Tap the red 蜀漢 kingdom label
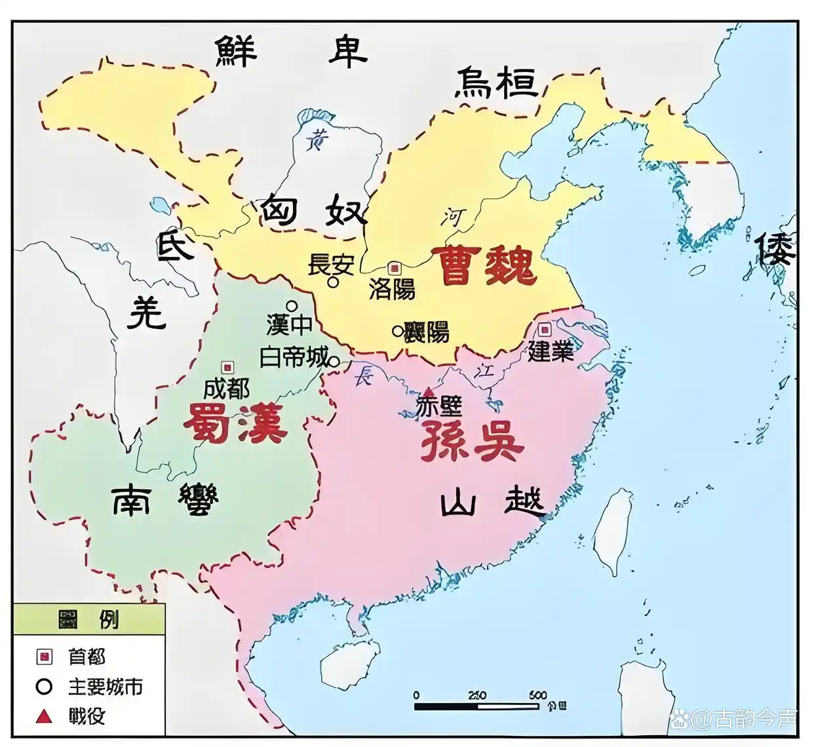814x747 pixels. pos(235,423)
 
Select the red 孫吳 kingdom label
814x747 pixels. pos(471,441)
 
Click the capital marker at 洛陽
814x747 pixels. pos(394,267)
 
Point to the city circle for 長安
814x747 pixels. pos(334,282)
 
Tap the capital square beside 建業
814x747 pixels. pos(544,329)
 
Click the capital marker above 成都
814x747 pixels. pos(227,367)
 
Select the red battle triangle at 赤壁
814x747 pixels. pos(429,391)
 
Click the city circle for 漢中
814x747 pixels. pos(291,305)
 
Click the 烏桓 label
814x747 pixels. pos(496,83)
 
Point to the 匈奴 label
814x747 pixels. pos(312,211)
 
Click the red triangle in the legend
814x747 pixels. pos(45,716)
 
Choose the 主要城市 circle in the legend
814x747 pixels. pos(45,687)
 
